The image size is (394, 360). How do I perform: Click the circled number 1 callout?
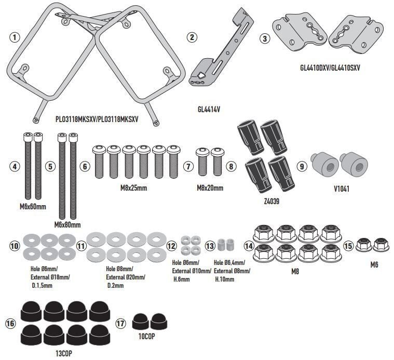[x=15, y=37]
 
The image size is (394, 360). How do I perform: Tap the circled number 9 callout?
[x=302, y=166]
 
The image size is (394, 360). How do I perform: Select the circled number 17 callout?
[x=120, y=323]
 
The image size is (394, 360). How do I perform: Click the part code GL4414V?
[x=209, y=110]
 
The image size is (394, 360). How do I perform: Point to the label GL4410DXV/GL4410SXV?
[x=330, y=68]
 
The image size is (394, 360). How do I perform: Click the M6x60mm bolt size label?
[x=33, y=207]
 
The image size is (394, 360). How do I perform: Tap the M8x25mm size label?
[x=133, y=188]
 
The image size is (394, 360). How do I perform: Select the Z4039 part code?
[x=271, y=201]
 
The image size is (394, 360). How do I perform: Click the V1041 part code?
[x=342, y=189]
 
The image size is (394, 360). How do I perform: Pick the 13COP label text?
[x=63, y=354]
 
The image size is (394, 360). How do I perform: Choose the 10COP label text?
[x=146, y=336]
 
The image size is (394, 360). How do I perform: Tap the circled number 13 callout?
[x=210, y=246]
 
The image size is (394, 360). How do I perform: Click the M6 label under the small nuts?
[x=374, y=264]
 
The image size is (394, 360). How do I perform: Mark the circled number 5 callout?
[x=50, y=166]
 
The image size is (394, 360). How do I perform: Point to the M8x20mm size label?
[x=210, y=188]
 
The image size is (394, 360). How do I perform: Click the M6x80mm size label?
[x=67, y=224]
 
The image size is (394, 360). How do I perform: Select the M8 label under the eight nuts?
[x=295, y=272]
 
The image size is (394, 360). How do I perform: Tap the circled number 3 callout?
[x=265, y=38]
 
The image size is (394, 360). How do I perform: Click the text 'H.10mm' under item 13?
[x=225, y=279]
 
